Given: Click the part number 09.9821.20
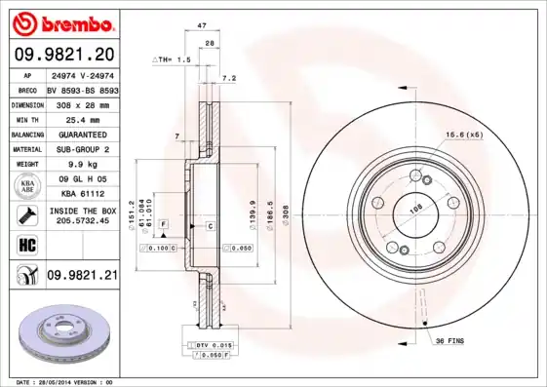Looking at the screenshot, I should (63, 54).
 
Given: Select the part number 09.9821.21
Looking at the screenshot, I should (83, 276).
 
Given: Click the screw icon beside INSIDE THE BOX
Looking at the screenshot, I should (24, 214).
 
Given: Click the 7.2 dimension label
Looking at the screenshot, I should (229, 77).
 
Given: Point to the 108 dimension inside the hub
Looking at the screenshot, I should (416, 208).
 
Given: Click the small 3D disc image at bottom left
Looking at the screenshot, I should (63, 329).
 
